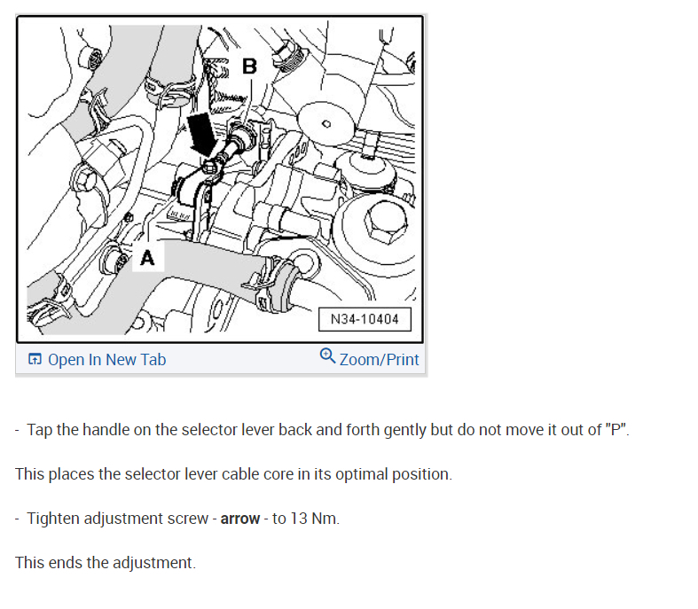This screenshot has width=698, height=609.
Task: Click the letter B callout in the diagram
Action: click(x=249, y=66)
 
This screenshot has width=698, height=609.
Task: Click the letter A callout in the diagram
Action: click(x=147, y=258)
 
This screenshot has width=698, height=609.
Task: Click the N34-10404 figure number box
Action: click(x=365, y=319)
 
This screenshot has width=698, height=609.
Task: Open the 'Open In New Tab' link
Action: click(x=106, y=360)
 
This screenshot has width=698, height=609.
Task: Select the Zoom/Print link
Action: click(x=379, y=360)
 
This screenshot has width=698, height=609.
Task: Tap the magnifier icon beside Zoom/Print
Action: click(x=327, y=356)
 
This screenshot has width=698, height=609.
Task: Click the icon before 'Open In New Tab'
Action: click(x=35, y=360)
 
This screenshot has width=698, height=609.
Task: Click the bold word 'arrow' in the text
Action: click(x=240, y=519)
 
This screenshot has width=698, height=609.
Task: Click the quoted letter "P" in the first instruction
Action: click(x=617, y=430)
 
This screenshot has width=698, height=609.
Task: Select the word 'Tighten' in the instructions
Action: click(x=54, y=519)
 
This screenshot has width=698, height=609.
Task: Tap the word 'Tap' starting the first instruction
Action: click(x=40, y=430)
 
